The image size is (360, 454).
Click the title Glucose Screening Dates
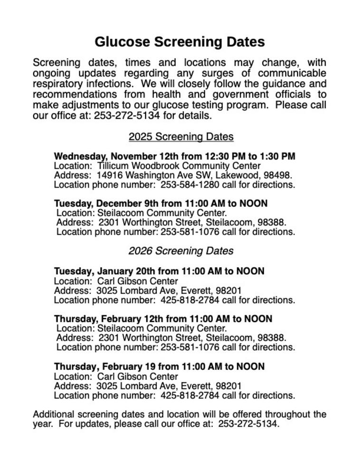coord(180,42)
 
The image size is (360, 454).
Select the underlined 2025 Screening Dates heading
coord(181,137)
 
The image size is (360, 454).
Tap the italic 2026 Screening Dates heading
coord(181,250)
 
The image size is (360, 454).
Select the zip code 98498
coord(277,175)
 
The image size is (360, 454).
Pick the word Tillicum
coord(113,166)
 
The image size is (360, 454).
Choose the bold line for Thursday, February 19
coord(159,366)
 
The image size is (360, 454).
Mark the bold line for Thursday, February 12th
coord(163,319)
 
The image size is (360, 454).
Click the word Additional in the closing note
coord(53,414)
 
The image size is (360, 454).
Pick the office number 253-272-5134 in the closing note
coord(247,424)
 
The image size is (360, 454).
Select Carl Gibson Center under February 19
coord(137,376)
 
